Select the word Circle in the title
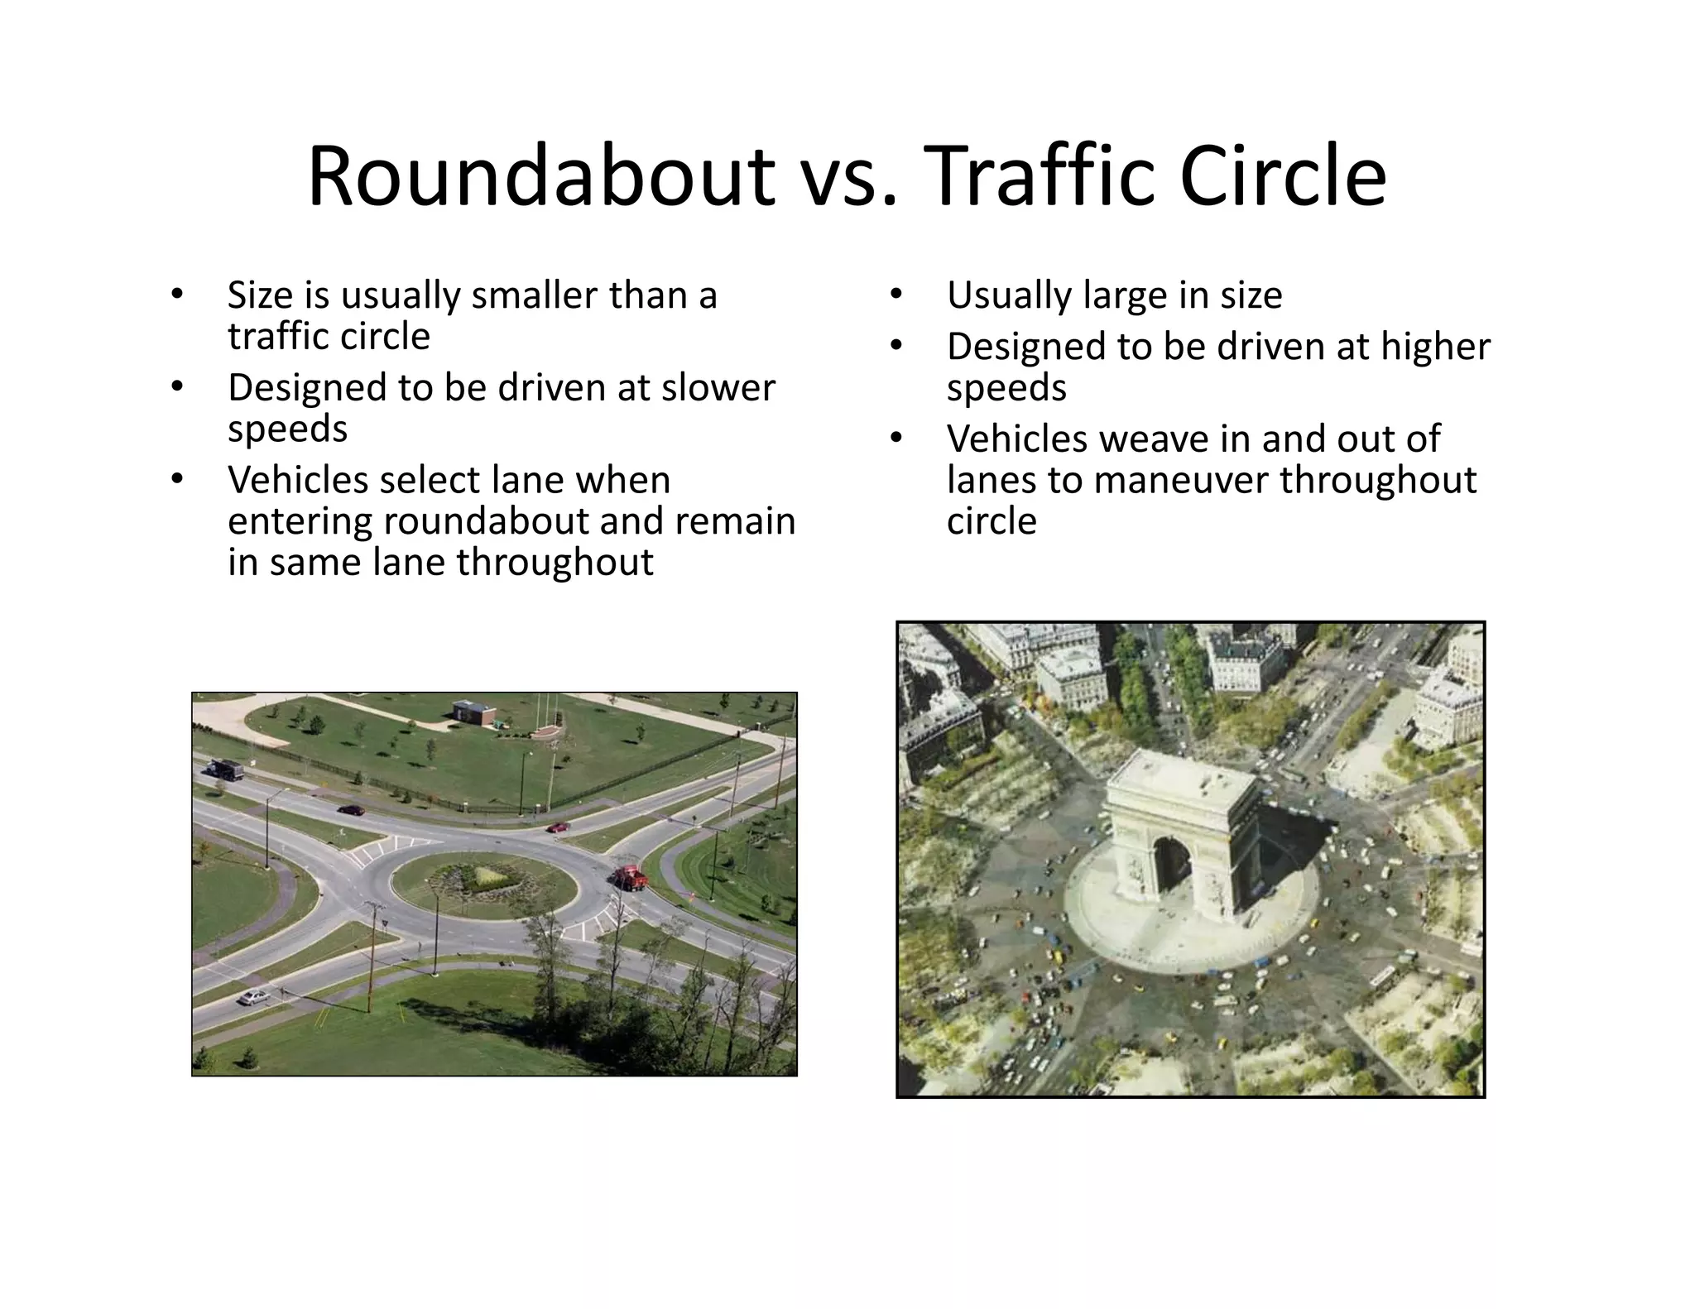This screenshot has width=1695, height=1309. [x=1282, y=176]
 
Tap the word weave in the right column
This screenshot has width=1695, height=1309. [x=1148, y=439]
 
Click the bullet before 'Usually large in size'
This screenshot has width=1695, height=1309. [x=896, y=295]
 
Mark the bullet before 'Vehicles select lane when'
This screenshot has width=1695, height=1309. [x=175, y=480]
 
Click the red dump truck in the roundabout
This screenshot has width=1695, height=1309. [x=631, y=877]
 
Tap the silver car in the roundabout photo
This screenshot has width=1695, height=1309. [x=253, y=996]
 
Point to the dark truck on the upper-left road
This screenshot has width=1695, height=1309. [x=225, y=770]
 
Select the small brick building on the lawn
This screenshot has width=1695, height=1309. [x=471, y=711]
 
